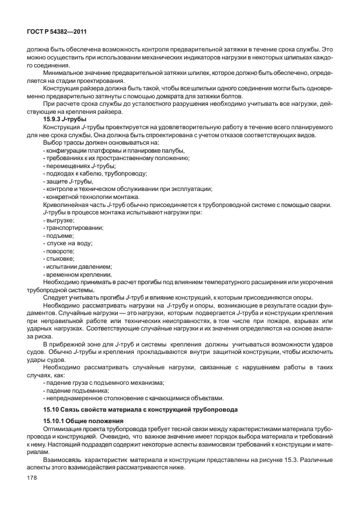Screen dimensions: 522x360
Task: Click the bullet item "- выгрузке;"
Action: pos(59,220)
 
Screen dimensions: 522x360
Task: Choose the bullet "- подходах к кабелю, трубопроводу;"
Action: pos(95,173)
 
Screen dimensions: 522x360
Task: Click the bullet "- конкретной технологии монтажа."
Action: pos(91,197)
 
